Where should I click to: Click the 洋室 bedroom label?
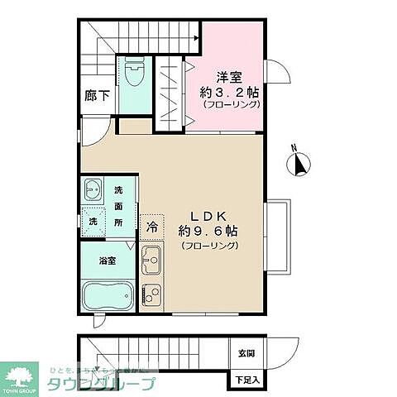229,77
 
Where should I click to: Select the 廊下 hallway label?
97,96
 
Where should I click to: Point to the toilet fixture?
135,77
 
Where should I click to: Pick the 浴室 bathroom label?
108,261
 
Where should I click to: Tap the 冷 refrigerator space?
152,225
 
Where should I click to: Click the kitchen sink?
151,262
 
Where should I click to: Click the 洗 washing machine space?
93,222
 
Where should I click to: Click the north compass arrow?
299,164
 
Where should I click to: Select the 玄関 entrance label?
246,352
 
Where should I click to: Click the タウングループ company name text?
112,384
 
